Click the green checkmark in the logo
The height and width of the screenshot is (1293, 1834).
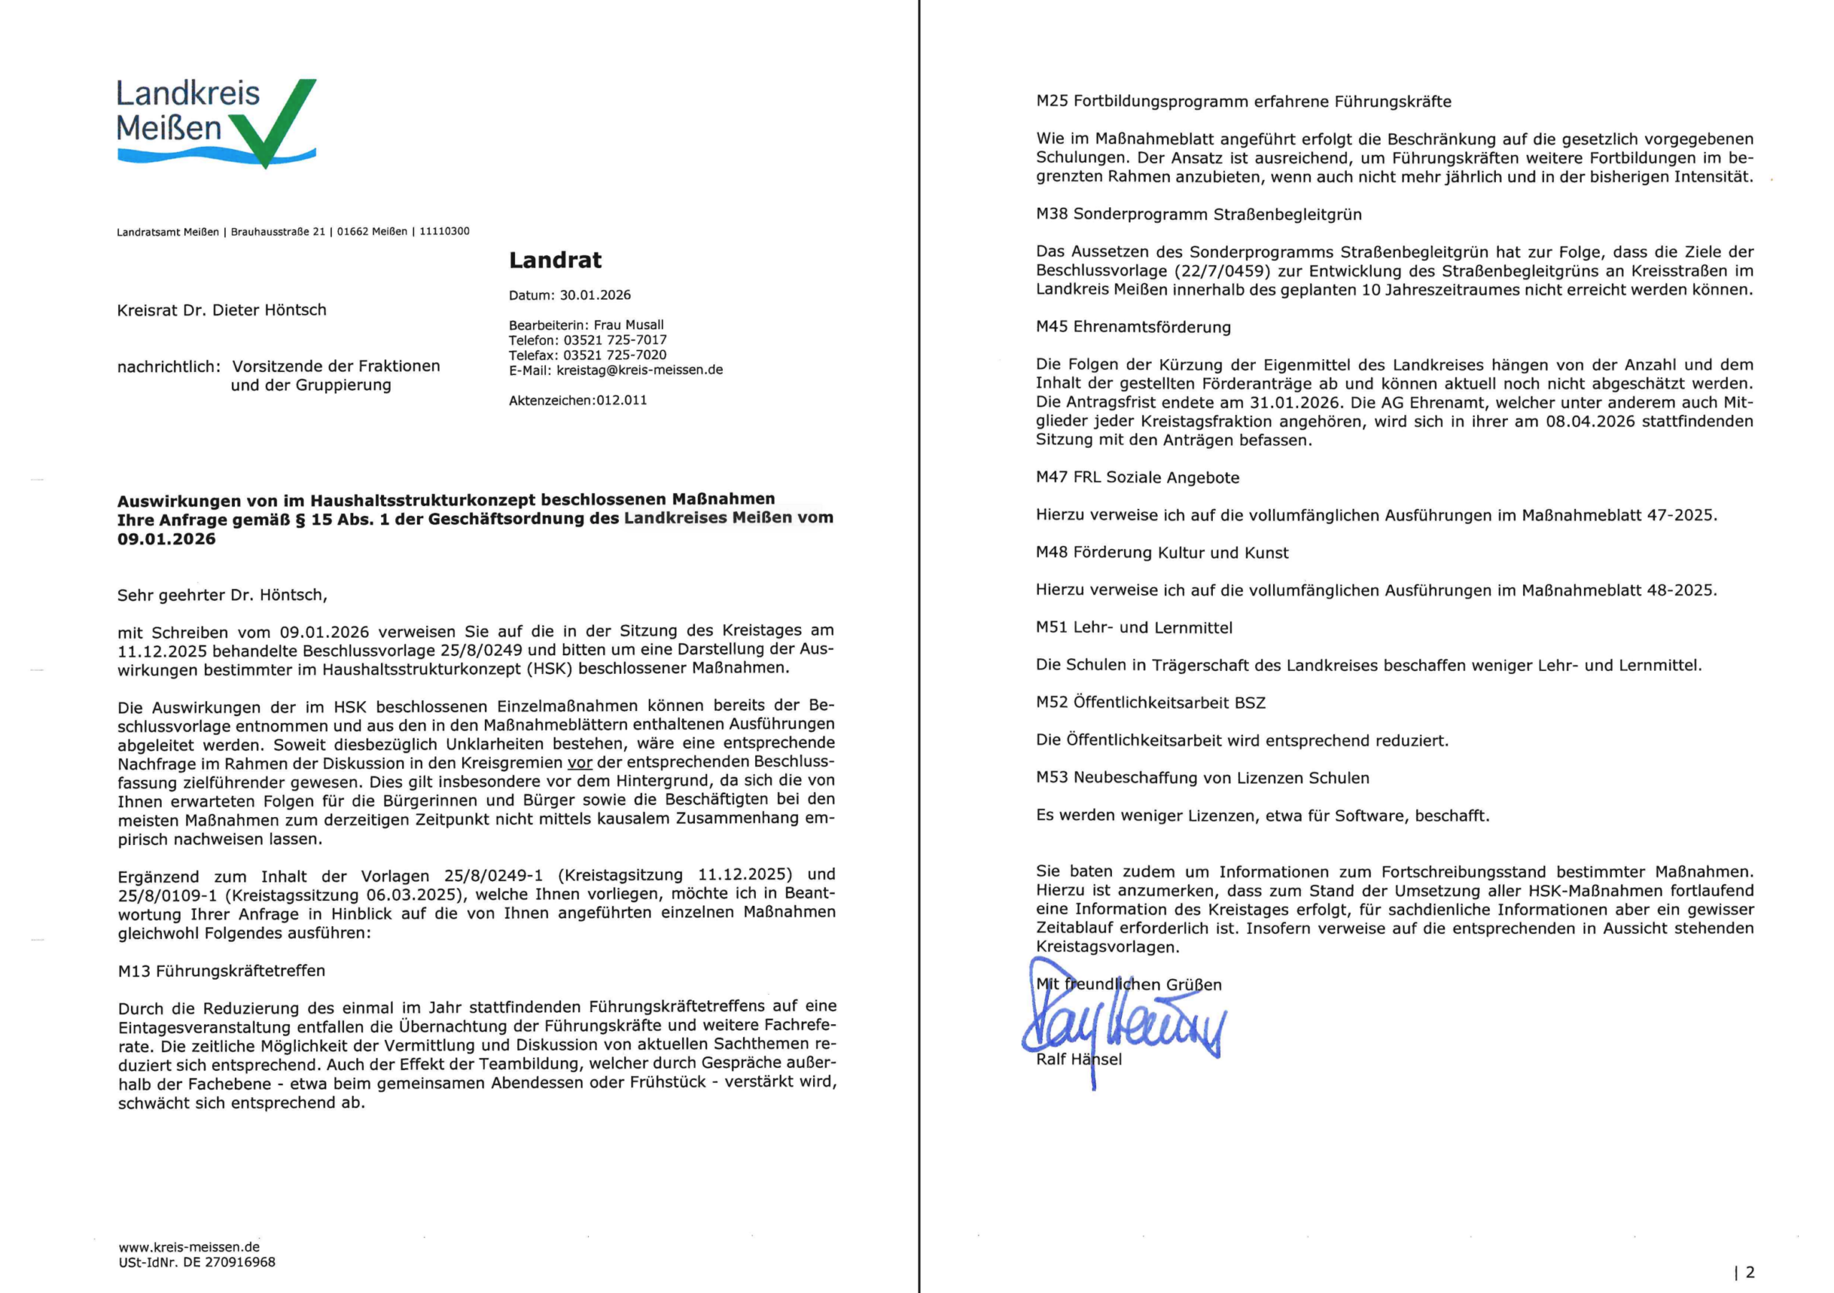[276, 120]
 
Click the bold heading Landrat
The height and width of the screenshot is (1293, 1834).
[555, 260]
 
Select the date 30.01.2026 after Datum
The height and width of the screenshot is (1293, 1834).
[595, 295]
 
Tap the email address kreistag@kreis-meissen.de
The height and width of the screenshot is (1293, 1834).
[639, 370]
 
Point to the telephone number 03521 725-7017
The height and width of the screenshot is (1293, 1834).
[615, 340]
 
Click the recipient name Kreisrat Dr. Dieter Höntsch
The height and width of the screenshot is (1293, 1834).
[221, 310]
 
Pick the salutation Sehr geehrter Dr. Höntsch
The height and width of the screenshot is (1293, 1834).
[221, 596]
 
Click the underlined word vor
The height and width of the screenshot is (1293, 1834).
[580, 763]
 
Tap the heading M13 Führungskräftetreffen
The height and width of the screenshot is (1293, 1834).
[221, 971]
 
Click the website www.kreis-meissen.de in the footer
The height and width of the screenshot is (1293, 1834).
[189, 1246]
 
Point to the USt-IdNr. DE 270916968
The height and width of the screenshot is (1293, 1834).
[196, 1263]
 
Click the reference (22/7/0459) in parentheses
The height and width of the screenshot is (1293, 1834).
[1221, 271]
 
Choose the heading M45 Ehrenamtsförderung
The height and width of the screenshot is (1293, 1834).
[1133, 327]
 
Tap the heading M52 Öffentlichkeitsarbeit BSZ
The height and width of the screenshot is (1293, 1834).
[1151, 703]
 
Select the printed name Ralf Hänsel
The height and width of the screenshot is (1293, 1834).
[1078, 1059]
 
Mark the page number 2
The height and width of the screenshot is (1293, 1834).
[1749, 1272]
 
